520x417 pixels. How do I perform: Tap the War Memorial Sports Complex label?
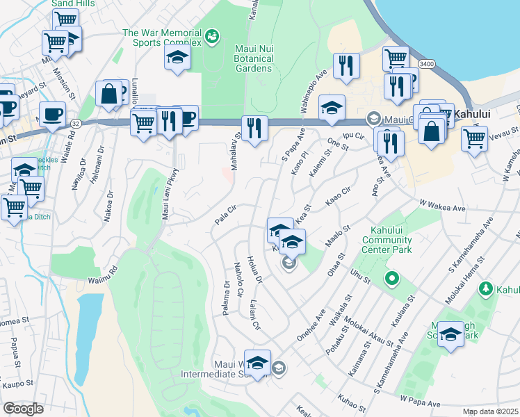coord(162,38)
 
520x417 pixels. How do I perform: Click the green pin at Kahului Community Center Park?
coord(391,279)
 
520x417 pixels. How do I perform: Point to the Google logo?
coord(23,409)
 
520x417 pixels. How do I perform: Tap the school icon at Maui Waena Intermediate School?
coord(257,363)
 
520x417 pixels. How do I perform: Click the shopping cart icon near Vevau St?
coord(474,138)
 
